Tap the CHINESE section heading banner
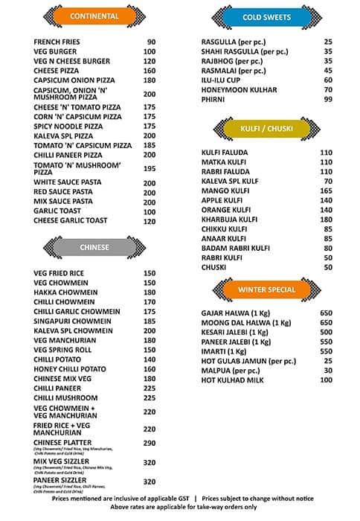click(x=94, y=247)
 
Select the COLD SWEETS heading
click(x=267, y=17)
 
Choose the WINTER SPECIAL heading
click(x=266, y=289)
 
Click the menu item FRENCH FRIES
click(x=58, y=42)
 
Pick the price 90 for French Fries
click(x=151, y=42)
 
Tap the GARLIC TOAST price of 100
click(x=150, y=211)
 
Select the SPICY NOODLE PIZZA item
click(x=68, y=127)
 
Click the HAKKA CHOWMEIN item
click(x=65, y=293)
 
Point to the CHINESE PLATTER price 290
click(x=150, y=443)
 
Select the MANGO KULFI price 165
click(x=325, y=191)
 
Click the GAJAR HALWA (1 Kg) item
click(x=236, y=313)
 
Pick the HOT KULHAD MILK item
click(x=233, y=380)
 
